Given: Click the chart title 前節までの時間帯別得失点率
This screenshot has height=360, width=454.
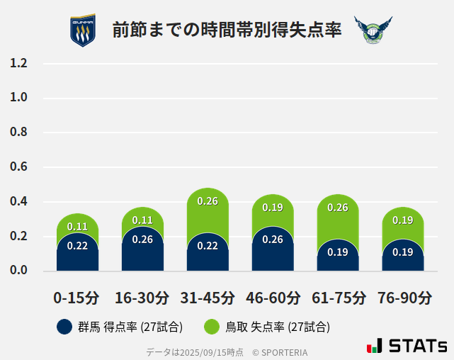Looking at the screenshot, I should pyautogui.click(x=227, y=30).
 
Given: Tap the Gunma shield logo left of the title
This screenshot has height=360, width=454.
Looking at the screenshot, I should pyautogui.click(x=82, y=30).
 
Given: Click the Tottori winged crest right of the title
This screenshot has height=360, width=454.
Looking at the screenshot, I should pyautogui.click(x=373, y=30).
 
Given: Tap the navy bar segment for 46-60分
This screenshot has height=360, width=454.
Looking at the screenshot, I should pyautogui.click(x=273, y=252).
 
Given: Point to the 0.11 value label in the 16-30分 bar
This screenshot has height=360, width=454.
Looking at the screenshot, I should pyautogui.click(x=142, y=220).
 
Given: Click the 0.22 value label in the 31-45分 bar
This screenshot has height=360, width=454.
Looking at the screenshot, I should pyautogui.click(x=208, y=246).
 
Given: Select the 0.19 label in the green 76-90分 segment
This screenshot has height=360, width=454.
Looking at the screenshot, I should pyautogui.click(x=403, y=220).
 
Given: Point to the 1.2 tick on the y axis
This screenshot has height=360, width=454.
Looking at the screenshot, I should pyautogui.click(x=19, y=63).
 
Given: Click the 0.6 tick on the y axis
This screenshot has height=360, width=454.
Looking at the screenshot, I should pyautogui.click(x=19, y=167).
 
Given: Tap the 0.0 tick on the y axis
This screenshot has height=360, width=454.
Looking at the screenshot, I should pyautogui.click(x=19, y=271).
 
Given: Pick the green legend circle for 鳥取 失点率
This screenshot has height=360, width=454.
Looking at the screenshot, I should pyautogui.click(x=212, y=327).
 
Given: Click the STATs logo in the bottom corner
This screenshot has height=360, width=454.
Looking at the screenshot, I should pyautogui.click(x=407, y=347).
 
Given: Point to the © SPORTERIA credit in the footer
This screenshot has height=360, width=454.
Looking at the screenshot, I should pyautogui.click(x=280, y=352).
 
